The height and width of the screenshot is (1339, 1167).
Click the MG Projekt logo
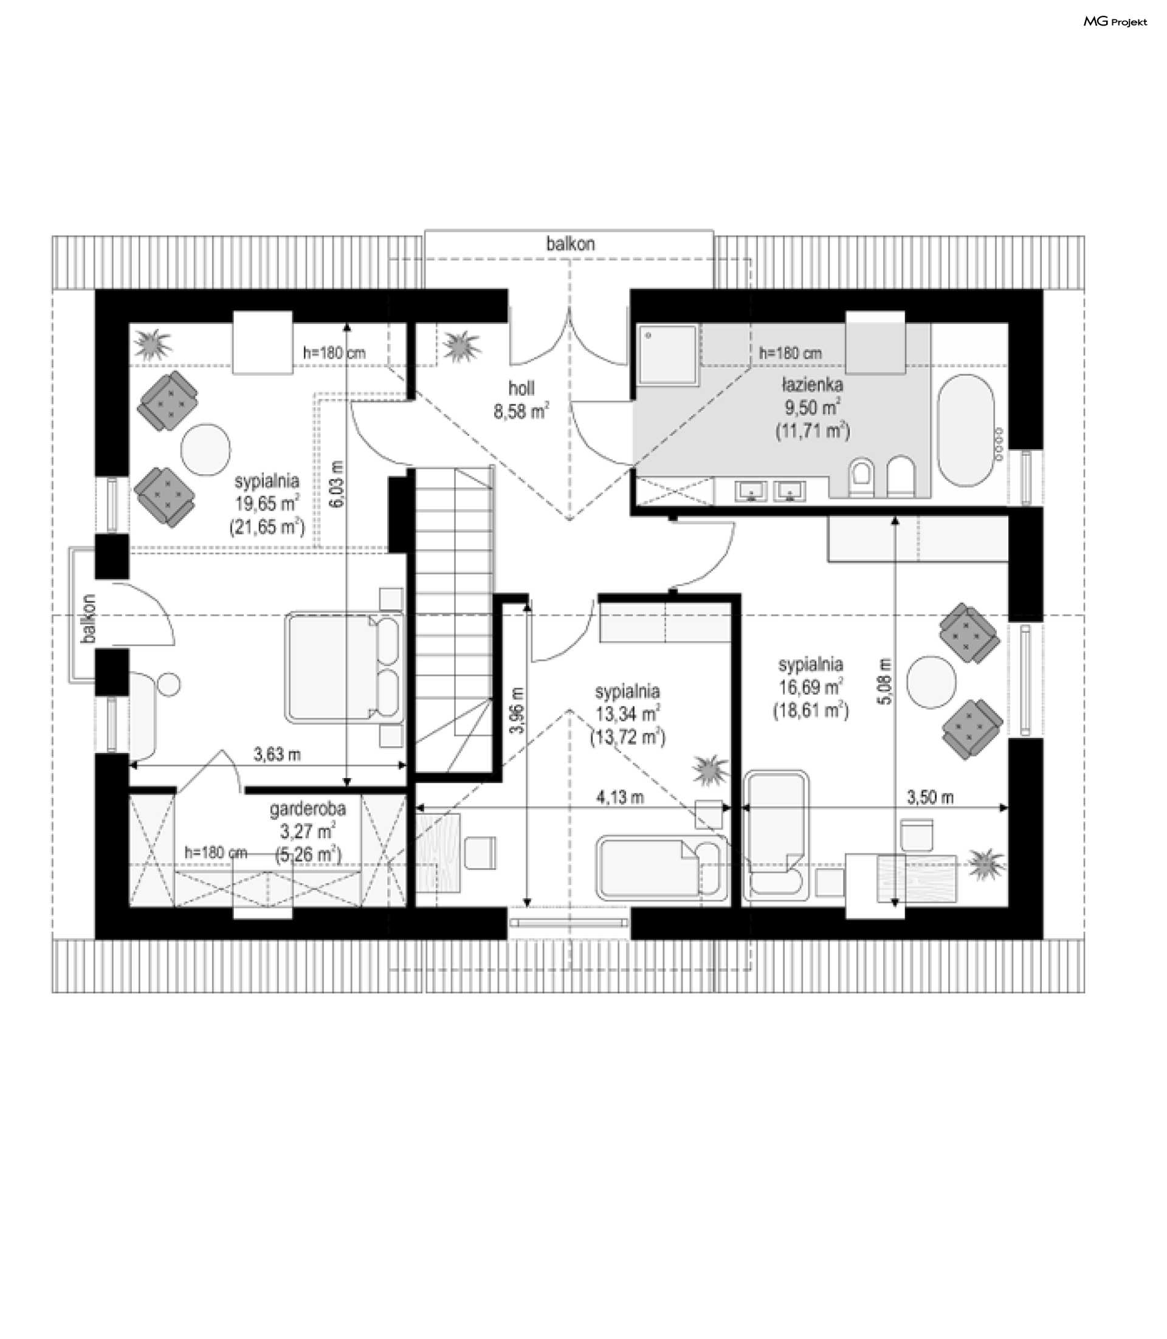1115,21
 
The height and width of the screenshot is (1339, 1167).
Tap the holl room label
522,388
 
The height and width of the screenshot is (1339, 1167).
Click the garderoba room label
308,808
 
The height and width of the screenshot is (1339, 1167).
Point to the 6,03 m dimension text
336,483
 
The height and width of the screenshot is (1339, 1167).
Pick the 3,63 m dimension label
277,754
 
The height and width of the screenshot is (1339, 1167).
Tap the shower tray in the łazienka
667,354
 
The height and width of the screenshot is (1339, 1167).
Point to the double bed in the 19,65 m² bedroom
344,667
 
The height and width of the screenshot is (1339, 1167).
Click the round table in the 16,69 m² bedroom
932,682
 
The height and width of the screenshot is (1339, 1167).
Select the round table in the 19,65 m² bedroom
205,449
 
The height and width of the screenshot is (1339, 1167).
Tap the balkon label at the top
571,244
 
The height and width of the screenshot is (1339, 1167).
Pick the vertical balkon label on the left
89,619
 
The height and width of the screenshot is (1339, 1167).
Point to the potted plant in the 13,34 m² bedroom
711,770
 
